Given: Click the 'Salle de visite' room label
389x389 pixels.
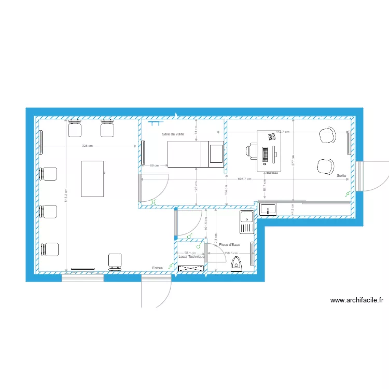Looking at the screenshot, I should click(x=173, y=134).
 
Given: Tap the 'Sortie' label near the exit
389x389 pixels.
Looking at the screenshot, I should click(x=341, y=176).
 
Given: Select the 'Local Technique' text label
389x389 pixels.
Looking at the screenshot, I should click(x=191, y=257).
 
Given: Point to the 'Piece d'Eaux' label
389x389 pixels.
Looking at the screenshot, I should click(x=229, y=245).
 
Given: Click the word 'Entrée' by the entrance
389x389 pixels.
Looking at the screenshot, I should click(x=157, y=268).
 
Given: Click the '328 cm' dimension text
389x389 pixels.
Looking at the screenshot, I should click(x=87, y=146).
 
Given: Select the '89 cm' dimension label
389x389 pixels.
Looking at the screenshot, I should click(x=154, y=165).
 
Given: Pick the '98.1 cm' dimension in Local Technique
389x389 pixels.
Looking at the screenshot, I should click(x=190, y=253).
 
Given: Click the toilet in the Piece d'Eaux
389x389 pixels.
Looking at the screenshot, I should click(x=237, y=263).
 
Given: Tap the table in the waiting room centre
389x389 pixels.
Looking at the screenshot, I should click(x=92, y=178).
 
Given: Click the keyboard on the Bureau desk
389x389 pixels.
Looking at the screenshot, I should click(x=266, y=154).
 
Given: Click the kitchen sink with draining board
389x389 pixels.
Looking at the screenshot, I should click(x=245, y=221).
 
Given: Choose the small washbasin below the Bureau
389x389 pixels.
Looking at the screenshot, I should click(x=268, y=209).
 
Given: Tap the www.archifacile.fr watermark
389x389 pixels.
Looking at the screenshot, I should click(x=356, y=300).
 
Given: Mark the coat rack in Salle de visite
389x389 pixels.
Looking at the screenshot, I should click(x=154, y=123).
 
